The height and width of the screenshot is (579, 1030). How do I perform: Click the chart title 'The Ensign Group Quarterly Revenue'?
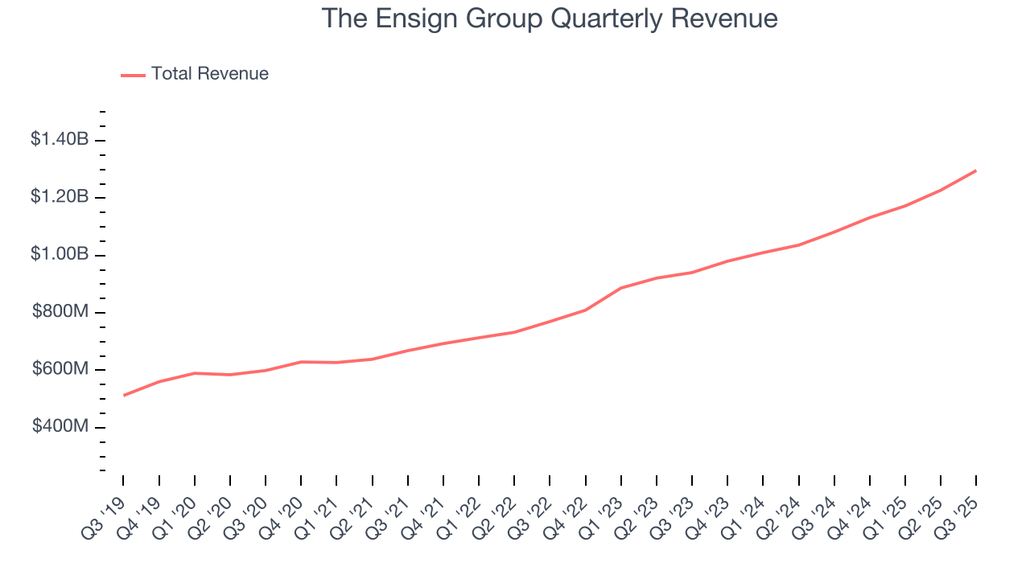[550, 18]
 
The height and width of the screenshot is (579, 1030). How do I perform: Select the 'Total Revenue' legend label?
[209, 74]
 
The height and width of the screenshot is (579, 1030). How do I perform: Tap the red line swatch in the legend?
[133, 75]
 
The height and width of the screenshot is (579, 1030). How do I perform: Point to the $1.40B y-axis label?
[60, 139]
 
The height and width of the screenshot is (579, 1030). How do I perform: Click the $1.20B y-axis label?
[60, 197]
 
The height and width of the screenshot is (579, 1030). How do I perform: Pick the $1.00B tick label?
[60, 254]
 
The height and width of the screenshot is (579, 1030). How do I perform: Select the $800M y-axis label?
[60, 312]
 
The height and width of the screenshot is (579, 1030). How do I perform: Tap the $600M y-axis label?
[60, 369]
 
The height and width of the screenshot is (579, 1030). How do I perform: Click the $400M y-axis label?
[60, 426]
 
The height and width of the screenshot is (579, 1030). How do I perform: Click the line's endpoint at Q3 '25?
[976, 170]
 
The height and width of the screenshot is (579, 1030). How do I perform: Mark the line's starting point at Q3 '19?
[124, 395]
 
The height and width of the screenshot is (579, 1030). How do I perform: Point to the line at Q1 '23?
[621, 288]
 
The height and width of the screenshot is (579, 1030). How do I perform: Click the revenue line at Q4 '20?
[301, 362]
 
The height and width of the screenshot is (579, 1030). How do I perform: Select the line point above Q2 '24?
[798, 244]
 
